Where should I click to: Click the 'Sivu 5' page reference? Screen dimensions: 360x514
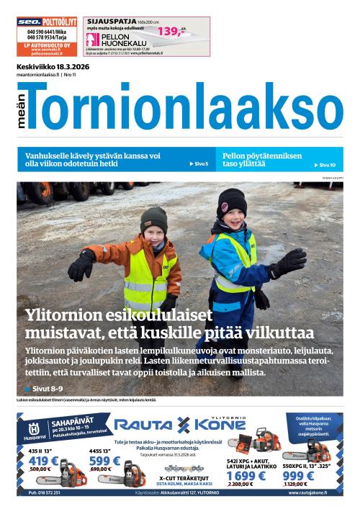coord(199,164)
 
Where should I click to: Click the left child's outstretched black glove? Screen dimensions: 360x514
coord(81,265)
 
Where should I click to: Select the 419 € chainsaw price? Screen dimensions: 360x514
coord(42,461)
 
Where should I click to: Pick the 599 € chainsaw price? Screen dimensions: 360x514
coord(104,461)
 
